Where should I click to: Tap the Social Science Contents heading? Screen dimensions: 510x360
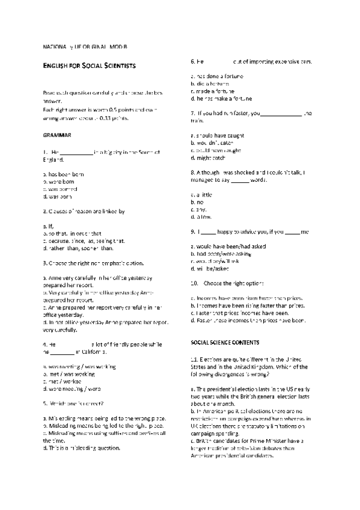coord(225,342)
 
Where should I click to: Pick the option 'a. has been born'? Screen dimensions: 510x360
coord(64,174)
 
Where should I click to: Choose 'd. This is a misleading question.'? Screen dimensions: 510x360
coord(82,448)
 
